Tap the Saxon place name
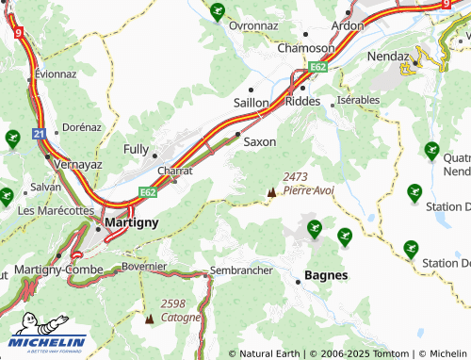tap(260, 142)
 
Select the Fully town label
tap(137, 149)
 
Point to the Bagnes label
tap(326, 276)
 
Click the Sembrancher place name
tap(242, 270)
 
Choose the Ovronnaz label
tap(257, 25)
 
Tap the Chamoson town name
tap(305, 48)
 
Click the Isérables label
tap(358, 100)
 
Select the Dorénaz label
tap(81, 126)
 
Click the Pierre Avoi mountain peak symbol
tap(272, 192)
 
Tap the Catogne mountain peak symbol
tap(148, 319)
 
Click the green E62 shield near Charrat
tap(148, 192)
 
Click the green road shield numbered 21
tap(39, 135)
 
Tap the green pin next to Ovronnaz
tap(218, 12)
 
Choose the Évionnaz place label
tap(56, 74)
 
